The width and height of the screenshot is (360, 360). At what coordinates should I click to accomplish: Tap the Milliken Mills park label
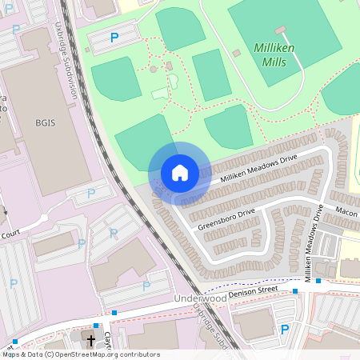(274, 54)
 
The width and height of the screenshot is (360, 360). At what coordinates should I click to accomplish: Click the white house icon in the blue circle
(179, 172)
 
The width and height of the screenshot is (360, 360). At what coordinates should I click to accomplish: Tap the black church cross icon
(91, 341)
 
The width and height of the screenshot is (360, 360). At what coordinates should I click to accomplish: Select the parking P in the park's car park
(114, 37)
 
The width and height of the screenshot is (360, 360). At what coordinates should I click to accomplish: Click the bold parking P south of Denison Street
(284, 330)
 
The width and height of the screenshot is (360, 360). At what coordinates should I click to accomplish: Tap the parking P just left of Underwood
(146, 286)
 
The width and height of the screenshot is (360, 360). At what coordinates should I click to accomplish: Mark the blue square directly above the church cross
(95, 326)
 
